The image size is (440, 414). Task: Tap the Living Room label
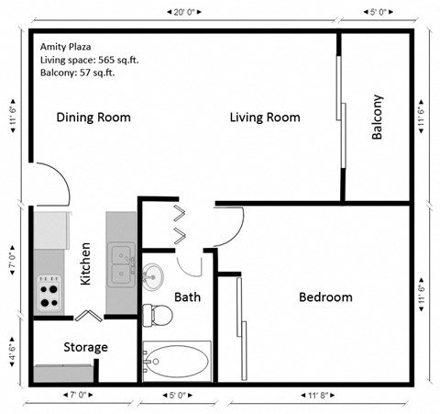pos(265,117)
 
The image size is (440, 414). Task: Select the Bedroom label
pos(325,297)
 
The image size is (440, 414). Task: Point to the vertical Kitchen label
pos(85,263)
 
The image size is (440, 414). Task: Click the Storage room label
pos(85,348)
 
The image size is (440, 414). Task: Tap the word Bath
pos(187,297)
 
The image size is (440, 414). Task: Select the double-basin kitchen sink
pos(119,265)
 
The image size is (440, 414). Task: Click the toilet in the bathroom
pos(159,314)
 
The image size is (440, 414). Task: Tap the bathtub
pos(177,361)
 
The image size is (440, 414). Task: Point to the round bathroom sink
pos(154,274)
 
